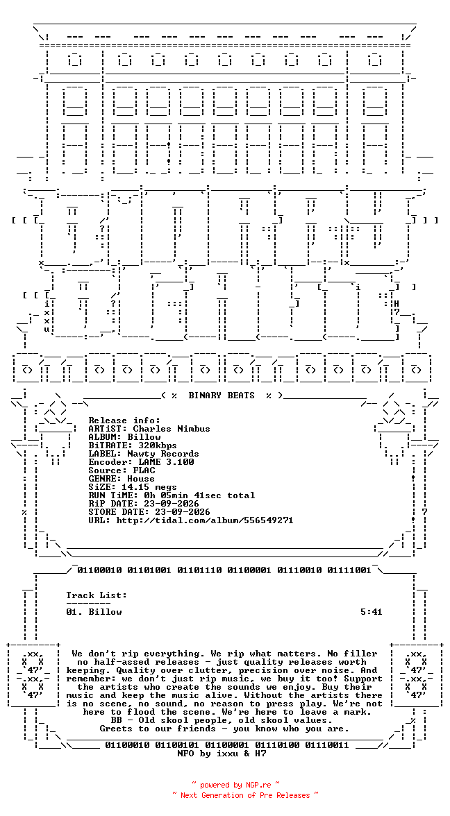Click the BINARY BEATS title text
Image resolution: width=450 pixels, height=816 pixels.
click(x=222, y=396)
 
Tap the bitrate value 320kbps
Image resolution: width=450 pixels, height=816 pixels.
click(x=157, y=445)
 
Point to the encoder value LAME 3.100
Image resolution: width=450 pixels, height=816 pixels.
click(x=165, y=462)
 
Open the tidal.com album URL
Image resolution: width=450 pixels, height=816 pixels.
click(x=205, y=520)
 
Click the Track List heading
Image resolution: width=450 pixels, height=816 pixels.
click(x=97, y=595)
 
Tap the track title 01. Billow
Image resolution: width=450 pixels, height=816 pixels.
click(x=94, y=612)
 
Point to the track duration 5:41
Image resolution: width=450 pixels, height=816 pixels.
click(x=372, y=612)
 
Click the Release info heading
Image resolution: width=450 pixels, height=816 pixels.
click(x=124, y=420)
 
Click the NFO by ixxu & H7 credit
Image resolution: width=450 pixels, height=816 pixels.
click(x=222, y=754)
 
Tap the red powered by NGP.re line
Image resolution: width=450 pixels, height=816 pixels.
click(x=235, y=785)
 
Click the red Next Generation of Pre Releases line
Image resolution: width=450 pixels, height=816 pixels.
click(x=245, y=795)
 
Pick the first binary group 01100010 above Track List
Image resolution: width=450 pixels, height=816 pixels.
click(x=99, y=570)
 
